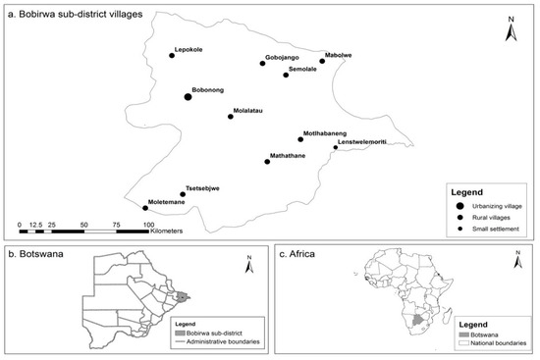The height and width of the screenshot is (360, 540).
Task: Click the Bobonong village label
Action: [208, 86]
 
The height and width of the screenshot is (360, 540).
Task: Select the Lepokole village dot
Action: [172, 56]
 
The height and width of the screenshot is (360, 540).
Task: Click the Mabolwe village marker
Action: [322, 61]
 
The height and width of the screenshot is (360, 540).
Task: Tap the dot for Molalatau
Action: [230, 116]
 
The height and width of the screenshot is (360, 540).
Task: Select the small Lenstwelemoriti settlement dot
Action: [335, 148]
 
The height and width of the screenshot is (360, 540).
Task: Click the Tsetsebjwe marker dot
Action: [183, 194]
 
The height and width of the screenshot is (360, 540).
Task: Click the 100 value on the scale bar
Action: [148, 224]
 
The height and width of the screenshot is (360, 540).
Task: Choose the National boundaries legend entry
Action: [496, 344]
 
